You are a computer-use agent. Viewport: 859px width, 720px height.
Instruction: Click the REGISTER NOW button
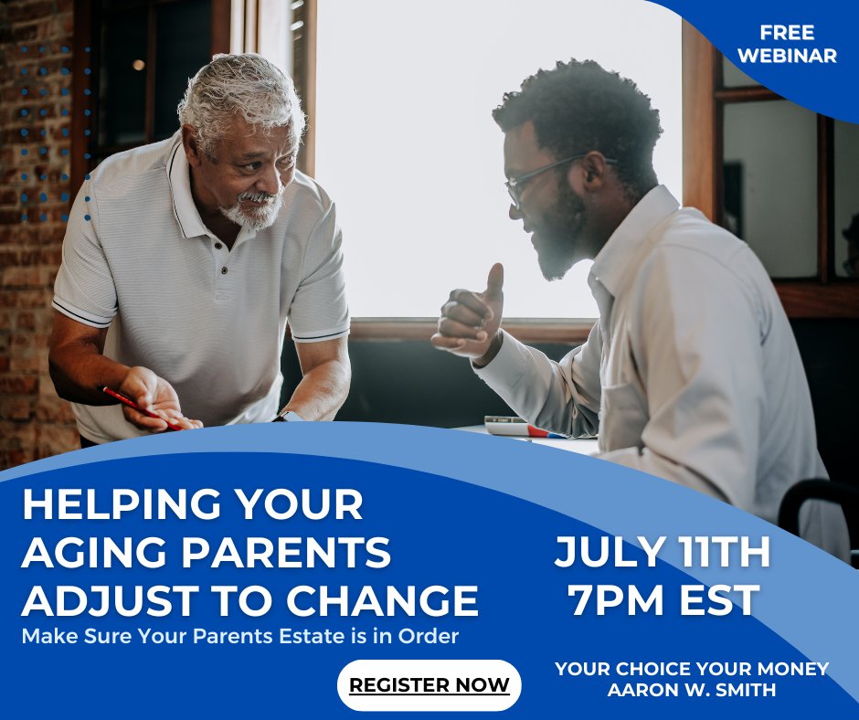point(429,685)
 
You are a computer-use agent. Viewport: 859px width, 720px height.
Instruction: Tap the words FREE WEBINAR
point(786,45)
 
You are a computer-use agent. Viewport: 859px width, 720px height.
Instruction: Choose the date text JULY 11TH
point(663,552)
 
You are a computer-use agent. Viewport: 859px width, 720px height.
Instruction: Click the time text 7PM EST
point(663,600)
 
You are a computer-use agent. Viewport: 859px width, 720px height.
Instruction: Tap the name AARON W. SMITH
point(692,690)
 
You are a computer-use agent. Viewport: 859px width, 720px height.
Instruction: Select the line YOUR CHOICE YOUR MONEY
point(692,669)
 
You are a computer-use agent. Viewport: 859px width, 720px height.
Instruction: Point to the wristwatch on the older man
point(287,417)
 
